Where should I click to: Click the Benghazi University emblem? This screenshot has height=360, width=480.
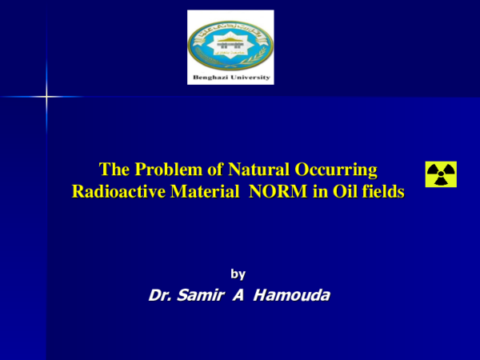230,42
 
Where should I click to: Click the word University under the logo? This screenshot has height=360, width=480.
248,78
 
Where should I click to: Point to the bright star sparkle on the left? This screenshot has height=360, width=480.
46,98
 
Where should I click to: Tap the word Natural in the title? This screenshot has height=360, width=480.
238,170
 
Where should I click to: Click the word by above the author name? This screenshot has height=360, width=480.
238,274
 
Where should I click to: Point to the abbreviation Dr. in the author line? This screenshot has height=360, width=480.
160,296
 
